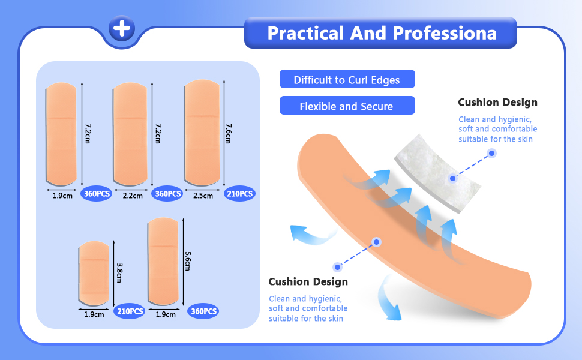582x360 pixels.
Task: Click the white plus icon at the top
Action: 122,28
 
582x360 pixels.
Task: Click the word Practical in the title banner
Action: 306,33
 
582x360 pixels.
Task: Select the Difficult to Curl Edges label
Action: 347,79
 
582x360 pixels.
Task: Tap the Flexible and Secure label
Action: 347,106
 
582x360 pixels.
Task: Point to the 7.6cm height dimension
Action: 229,134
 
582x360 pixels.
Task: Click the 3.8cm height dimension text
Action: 119,273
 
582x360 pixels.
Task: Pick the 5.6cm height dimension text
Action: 188,261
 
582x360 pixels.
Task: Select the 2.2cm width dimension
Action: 133,196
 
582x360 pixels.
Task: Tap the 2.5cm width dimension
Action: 203,196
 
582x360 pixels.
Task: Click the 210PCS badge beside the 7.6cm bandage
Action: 239,193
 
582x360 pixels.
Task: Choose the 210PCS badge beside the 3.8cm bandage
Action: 130,311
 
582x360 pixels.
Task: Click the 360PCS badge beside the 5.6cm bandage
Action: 203,311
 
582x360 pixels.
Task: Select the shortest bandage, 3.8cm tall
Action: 94,274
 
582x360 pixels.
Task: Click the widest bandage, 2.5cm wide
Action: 203,133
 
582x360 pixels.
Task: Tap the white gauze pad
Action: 437,173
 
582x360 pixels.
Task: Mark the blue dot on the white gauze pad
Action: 452,179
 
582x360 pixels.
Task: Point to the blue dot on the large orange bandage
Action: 376,242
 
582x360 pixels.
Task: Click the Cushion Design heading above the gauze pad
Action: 497,102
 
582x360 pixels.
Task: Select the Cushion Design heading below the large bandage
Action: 308,281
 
